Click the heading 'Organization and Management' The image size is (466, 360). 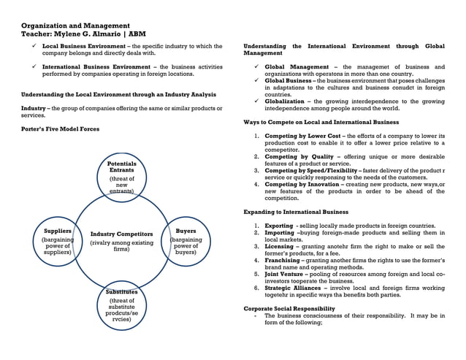[x=75, y=26]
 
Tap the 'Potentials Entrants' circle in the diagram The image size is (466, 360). [x=122, y=175]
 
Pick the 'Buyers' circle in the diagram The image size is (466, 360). [x=186, y=242]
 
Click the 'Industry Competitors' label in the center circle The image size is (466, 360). [x=121, y=234]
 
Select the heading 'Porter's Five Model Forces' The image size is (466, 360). [x=60, y=129]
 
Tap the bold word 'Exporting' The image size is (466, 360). [x=279, y=226]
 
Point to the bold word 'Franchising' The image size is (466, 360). [x=283, y=261]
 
